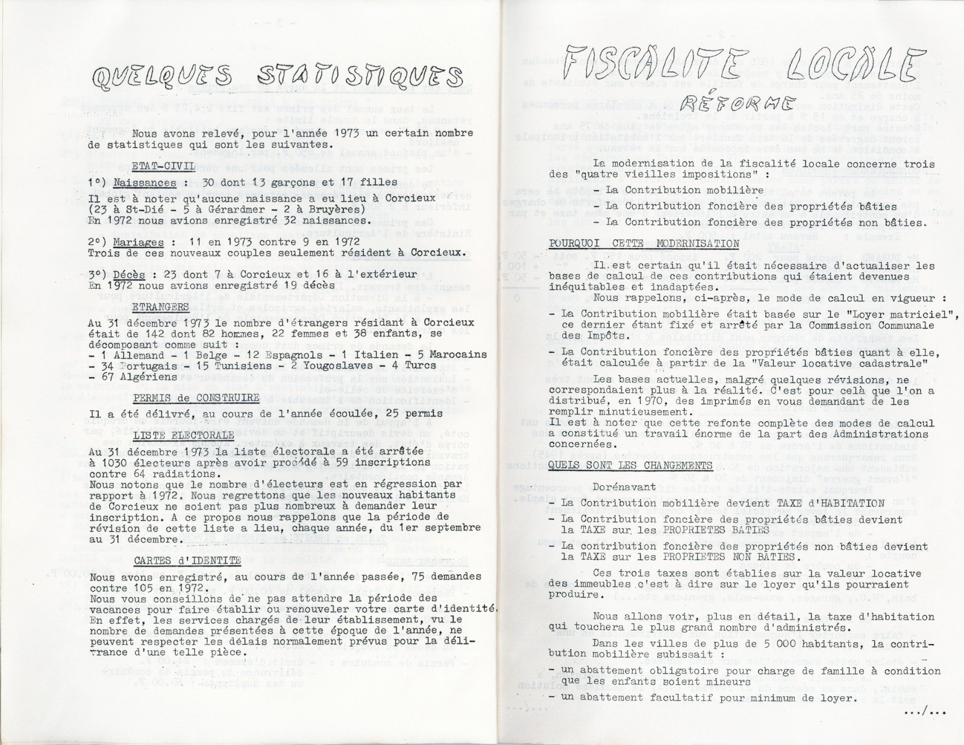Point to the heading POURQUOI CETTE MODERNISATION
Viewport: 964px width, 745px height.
(x=644, y=244)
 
